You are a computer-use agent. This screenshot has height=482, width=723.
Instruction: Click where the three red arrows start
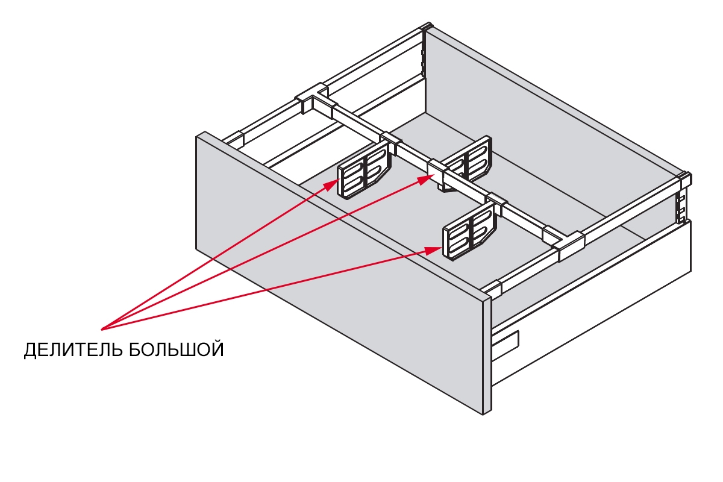(x=102, y=329)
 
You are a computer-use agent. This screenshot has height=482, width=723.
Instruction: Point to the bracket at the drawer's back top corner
(x=427, y=28)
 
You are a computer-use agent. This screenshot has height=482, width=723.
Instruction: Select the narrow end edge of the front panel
(x=487, y=355)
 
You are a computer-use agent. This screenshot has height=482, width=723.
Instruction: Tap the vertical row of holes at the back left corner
(x=424, y=60)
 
